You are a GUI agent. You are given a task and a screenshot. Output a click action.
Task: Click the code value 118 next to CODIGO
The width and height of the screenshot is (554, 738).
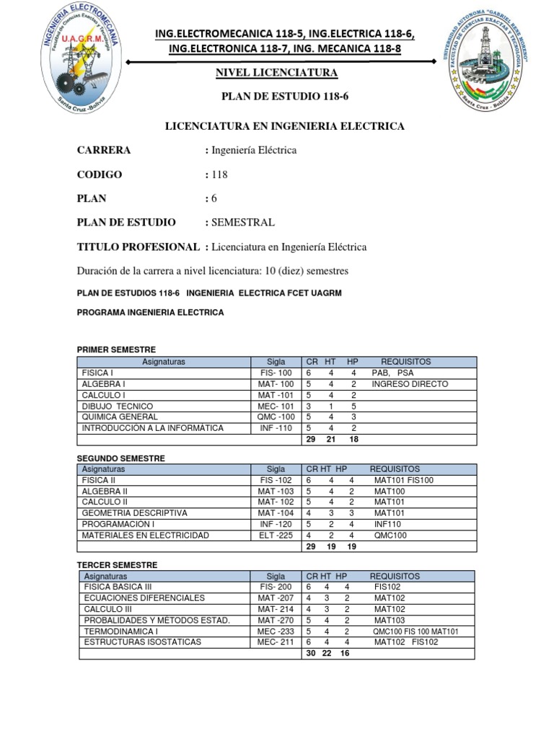(219, 174)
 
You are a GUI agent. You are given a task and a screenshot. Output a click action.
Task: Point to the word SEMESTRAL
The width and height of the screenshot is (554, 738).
(242, 223)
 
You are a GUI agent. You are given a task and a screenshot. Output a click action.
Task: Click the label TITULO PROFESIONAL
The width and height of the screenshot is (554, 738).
(138, 247)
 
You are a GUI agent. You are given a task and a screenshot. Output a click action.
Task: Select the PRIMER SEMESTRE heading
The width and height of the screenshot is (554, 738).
(116, 350)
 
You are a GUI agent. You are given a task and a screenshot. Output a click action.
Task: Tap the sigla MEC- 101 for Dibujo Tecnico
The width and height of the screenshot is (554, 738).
(276, 406)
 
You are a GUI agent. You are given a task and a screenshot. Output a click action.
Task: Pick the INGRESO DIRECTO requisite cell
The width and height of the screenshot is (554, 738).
(410, 384)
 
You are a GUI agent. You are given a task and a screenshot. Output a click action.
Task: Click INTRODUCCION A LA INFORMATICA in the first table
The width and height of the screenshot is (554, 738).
(153, 428)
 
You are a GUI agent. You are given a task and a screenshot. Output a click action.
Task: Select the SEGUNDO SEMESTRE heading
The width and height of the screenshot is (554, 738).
(120, 458)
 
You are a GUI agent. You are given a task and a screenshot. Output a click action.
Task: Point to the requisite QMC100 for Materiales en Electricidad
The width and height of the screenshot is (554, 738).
(391, 535)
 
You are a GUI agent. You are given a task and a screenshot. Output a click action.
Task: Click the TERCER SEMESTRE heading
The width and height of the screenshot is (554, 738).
(117, 565)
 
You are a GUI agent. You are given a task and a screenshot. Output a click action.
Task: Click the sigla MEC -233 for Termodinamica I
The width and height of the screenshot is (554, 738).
(276, 631)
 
